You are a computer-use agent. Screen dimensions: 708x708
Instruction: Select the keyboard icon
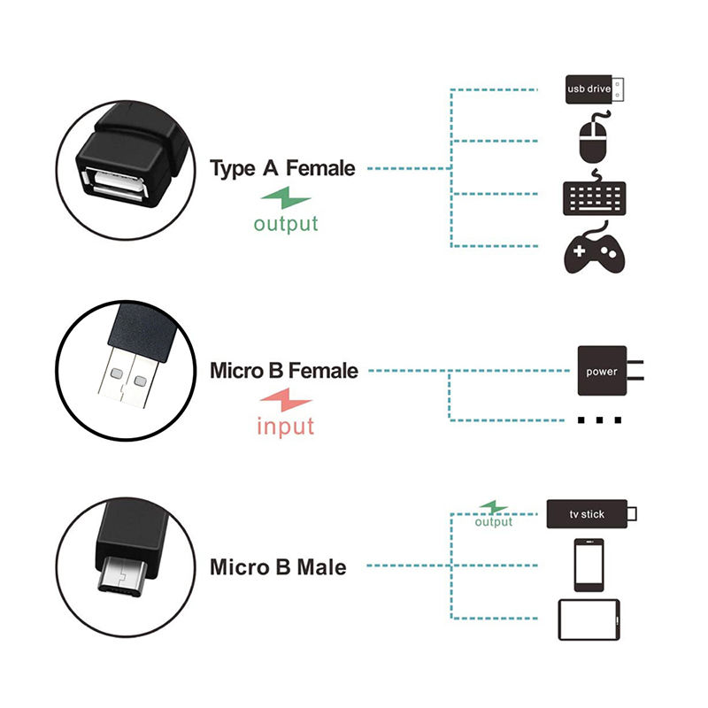coord(593,196)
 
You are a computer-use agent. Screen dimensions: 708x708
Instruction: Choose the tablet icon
coord(589,619)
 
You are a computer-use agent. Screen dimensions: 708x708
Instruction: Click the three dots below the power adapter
coord(599,419)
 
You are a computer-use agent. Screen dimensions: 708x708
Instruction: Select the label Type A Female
coord(282,168)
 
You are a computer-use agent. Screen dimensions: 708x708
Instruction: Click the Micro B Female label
coord(284,370)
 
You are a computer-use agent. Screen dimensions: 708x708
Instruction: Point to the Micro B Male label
coord(278,566)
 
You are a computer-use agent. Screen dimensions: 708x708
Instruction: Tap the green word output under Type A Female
coord(285,223)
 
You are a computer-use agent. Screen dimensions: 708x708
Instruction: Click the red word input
coord(285,426)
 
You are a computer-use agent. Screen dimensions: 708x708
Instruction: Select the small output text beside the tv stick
coord(493,522)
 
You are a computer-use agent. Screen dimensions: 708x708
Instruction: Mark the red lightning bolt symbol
coord(285,399)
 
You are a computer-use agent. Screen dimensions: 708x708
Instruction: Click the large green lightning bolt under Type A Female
coord(285,197)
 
